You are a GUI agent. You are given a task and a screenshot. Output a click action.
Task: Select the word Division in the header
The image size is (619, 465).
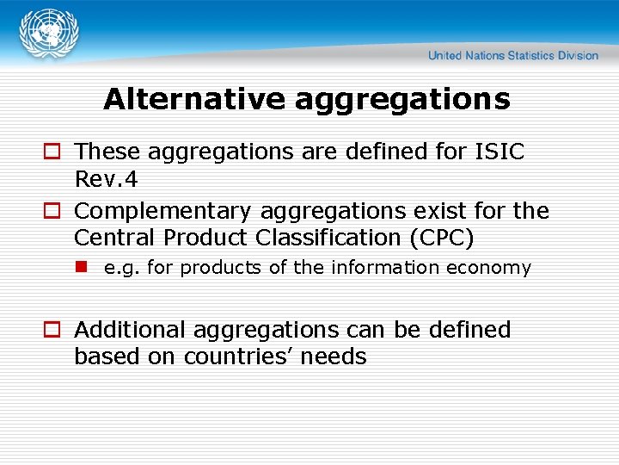578,56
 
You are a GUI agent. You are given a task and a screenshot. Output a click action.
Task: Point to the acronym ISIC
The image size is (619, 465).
500,152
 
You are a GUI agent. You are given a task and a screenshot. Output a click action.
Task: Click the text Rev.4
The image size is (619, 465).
107,180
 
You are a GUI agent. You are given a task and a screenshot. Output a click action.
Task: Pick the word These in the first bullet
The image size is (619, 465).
108,152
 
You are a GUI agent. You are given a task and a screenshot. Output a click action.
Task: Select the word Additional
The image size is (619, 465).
130,330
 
